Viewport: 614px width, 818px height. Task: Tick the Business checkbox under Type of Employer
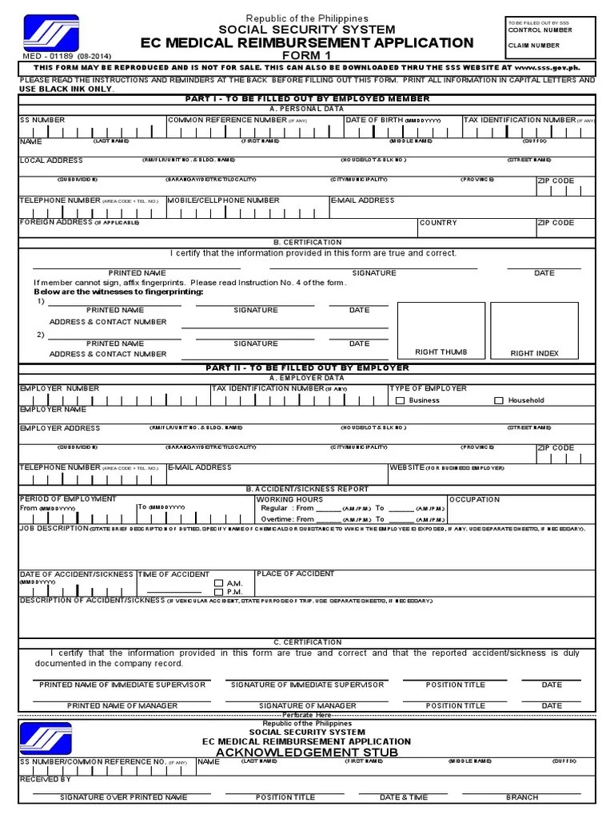(x=401, y=400)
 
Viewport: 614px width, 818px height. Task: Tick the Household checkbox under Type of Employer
(x=499, y=400)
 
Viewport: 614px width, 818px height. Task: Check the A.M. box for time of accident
(x=218, y=583)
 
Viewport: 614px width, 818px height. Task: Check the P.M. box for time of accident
(x=218, y=592)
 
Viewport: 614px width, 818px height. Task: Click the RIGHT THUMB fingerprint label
(x=441, y=352)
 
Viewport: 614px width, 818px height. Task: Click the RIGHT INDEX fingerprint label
(x=535, y=353)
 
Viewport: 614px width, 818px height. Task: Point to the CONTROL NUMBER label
(x=540, y=30)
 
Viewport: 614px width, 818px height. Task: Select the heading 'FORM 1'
(x=307, y=56)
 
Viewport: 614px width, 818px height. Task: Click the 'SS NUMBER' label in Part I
(x=42, y=120)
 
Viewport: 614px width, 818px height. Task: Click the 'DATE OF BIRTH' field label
(x=374, y=120)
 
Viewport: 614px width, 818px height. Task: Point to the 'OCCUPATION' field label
(x=474, y=499)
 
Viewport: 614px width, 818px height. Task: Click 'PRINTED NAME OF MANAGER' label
(x=122, y=706)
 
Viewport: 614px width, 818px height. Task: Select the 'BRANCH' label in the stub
(x=521, y=797)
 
